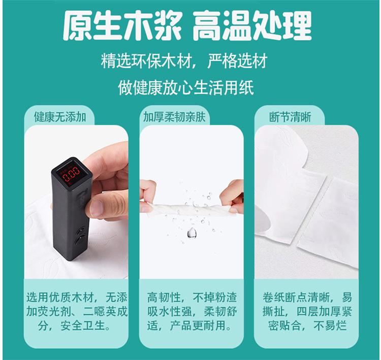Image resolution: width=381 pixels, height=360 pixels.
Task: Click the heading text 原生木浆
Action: (122, 25)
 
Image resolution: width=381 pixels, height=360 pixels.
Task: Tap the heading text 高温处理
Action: (252, 25)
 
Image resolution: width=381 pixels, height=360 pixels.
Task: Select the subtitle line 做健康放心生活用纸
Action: (186, 88)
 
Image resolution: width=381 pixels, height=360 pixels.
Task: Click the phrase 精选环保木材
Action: (147, 61)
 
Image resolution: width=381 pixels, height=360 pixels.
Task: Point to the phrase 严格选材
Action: (237, 61)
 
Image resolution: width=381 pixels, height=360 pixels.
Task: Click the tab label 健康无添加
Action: (60, 117)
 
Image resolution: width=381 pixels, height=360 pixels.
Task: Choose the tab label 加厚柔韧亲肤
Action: (174, 117)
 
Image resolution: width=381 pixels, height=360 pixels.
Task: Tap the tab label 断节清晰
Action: (290, 117)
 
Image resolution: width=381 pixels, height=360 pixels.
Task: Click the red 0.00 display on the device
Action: (71, 174)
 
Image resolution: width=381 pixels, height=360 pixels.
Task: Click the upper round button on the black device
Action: (81, 231)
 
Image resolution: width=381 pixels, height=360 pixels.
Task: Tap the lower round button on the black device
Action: (80, 241)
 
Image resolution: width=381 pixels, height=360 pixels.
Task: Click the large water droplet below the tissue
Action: (192, 233)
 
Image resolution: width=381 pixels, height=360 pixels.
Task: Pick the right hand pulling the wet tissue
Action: (232, 197)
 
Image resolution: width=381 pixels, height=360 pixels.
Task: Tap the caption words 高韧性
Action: (164, 297)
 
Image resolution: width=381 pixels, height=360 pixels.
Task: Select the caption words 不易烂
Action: (330, 325)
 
